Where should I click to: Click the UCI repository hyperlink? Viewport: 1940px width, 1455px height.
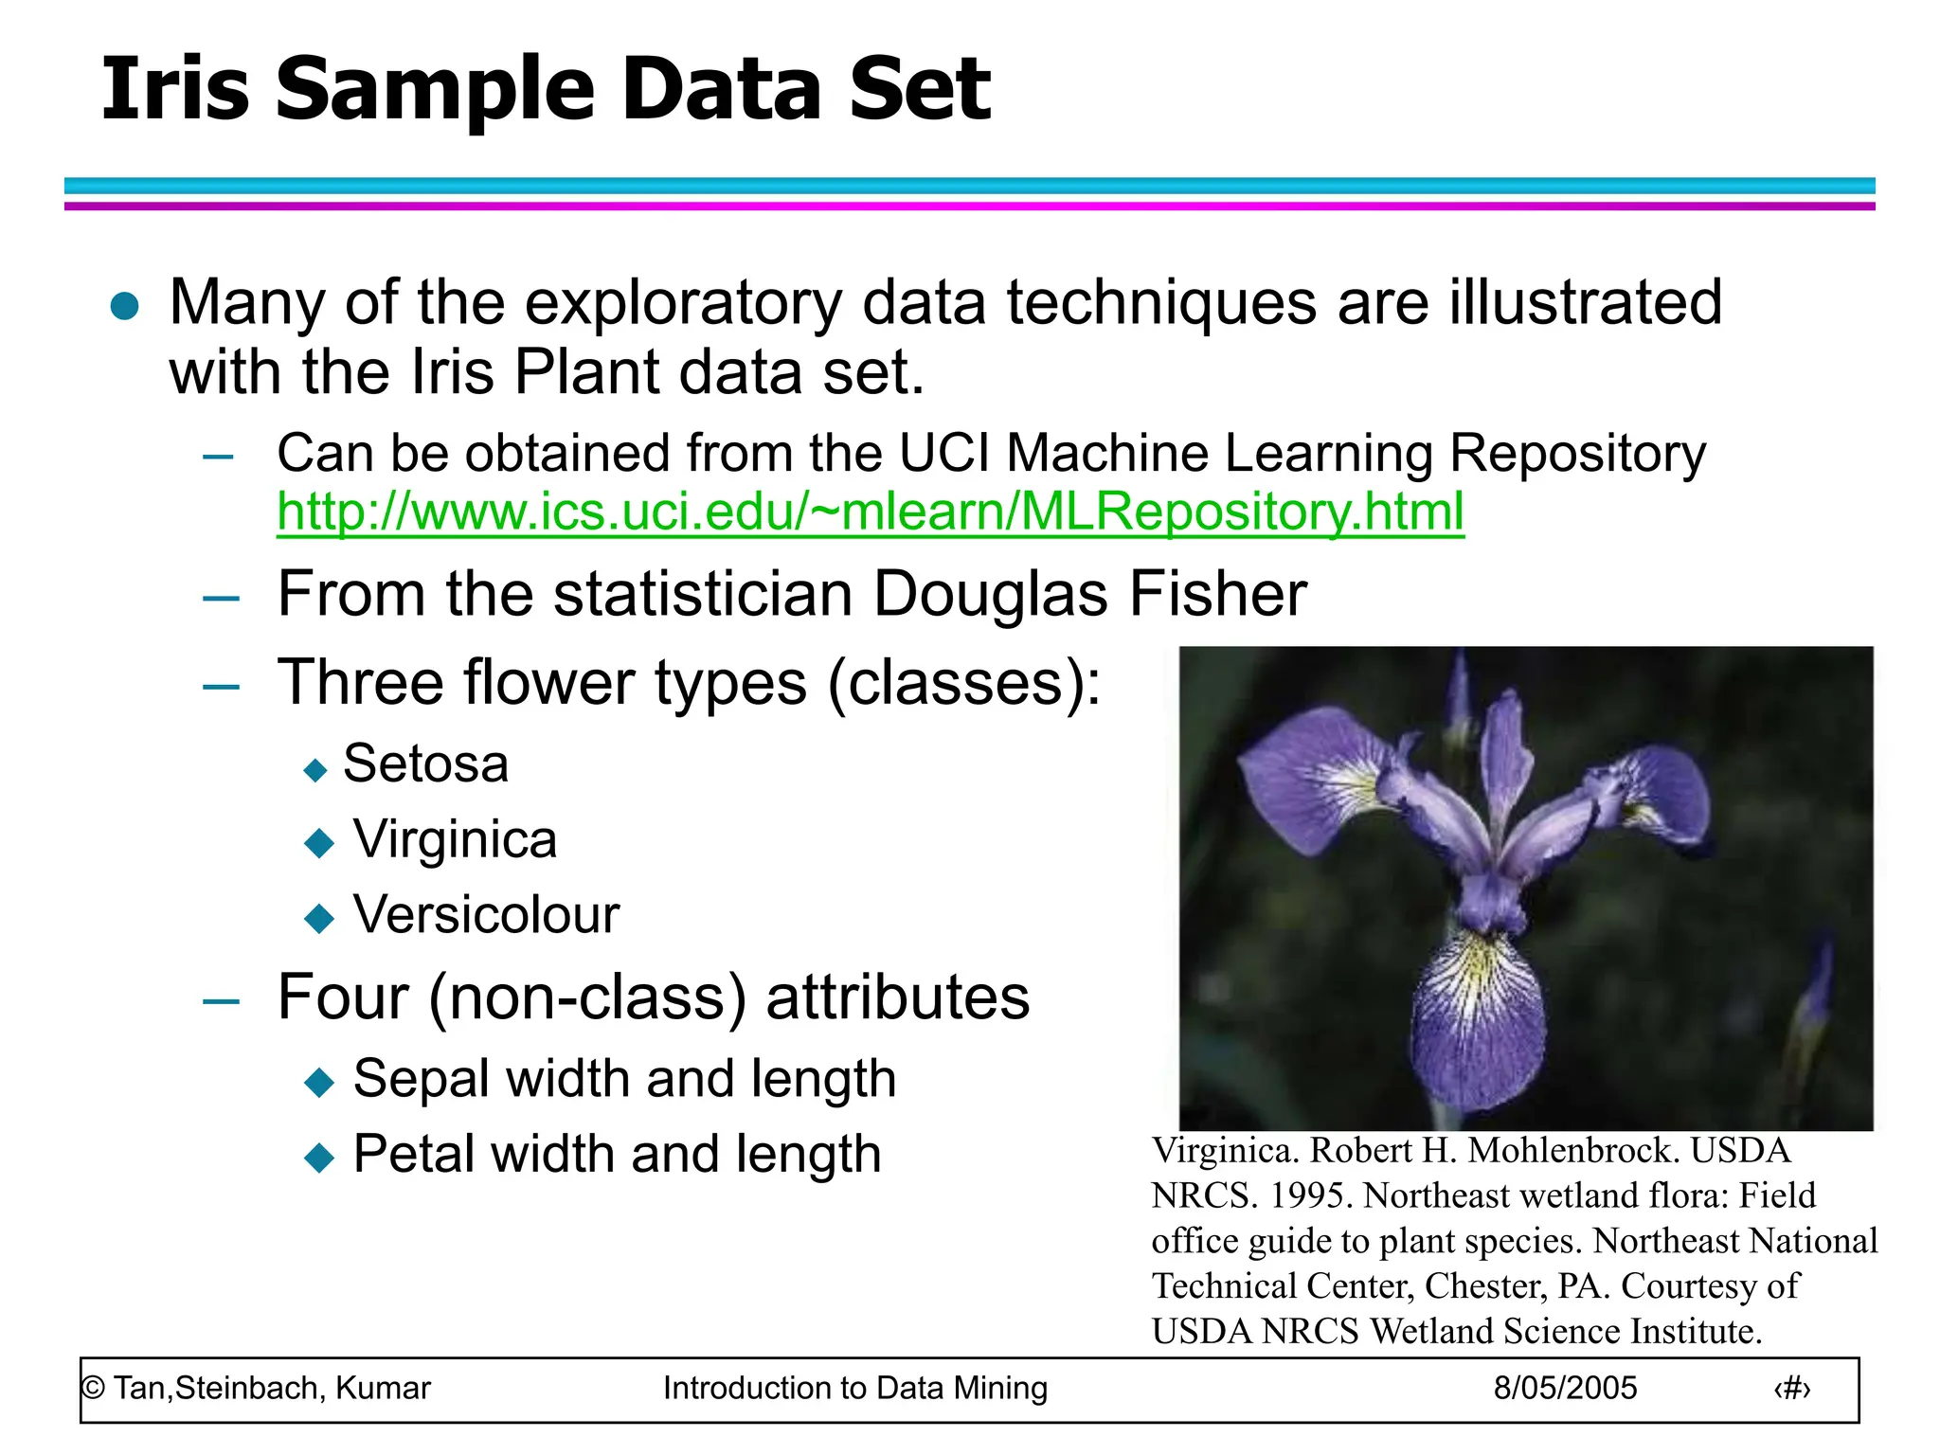[x=870, y=512]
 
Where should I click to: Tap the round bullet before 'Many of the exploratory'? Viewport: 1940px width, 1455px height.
[x=125, y=306]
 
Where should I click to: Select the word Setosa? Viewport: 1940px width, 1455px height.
[x=425, y=763]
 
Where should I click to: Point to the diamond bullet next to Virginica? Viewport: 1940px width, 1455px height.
[x=319, y=842]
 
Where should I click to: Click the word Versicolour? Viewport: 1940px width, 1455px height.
[x=486, y=915]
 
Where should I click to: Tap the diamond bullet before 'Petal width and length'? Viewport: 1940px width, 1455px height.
[x=319, y=1157]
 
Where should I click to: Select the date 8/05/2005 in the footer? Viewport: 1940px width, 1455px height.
[x=1565, y=1388]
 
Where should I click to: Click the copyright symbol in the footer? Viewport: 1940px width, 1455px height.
[x=93, y=1389]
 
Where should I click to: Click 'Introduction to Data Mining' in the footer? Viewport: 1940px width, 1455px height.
[x=854, y=1388]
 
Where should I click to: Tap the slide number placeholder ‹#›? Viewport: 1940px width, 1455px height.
[x=1791, y=1389]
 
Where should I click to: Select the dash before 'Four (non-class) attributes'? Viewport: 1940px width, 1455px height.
[x=221, y=1000]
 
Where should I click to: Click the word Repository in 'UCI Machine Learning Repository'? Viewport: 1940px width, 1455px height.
[x=1577, y=453]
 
